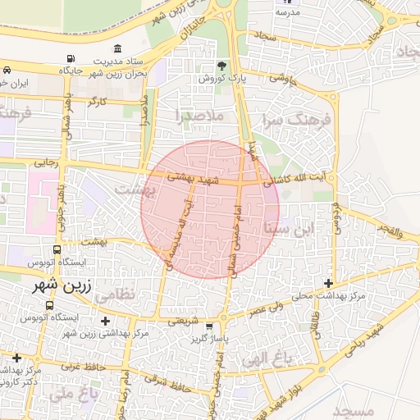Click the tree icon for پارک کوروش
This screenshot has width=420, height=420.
221,66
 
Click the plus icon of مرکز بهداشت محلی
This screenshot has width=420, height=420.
329,282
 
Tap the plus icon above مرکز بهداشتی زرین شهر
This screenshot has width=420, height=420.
105,321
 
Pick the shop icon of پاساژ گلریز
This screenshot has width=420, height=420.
221,325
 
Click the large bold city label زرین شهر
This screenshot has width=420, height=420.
56,287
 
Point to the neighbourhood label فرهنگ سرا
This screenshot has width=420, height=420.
296,121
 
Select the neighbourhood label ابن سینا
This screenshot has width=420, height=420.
290,229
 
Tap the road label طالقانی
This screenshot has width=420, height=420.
316,327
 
